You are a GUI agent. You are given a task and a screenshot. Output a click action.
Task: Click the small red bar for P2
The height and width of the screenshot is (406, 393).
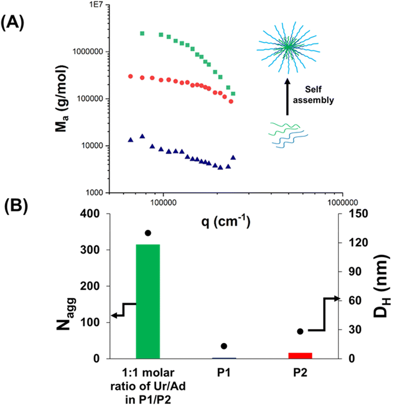(x=300, y=355)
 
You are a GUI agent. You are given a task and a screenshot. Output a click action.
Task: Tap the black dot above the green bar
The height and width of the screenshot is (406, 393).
(x=148, y=233)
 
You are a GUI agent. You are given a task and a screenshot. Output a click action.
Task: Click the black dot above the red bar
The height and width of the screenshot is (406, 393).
(x=300, y=332)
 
